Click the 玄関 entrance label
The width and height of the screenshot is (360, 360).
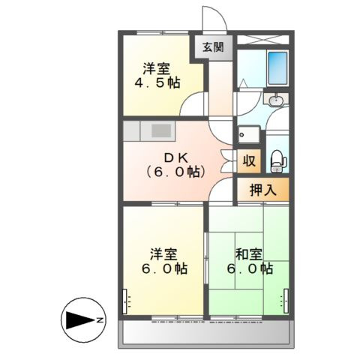pos(213,47)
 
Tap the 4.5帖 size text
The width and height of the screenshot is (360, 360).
pos(157,82)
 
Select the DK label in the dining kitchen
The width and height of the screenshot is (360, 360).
pos(176,157)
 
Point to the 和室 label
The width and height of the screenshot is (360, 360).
pos(249,254)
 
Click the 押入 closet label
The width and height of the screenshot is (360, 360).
pos(263,190)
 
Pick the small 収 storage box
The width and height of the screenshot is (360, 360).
pos(249,161)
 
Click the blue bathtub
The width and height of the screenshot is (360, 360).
pos(277,68)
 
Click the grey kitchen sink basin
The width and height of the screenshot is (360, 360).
pos(161,130)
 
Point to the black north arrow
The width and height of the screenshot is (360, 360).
pos(80,320)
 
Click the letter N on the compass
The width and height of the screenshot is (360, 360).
pos(100,320)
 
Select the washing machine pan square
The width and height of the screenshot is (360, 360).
pos(249,134)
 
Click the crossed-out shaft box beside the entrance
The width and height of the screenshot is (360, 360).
pos(262,40)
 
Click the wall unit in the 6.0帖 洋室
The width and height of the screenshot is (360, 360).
pos(124,301)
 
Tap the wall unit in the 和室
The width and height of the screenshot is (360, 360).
pos(286,301)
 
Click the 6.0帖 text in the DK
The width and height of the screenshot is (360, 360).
pos(176,172)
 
